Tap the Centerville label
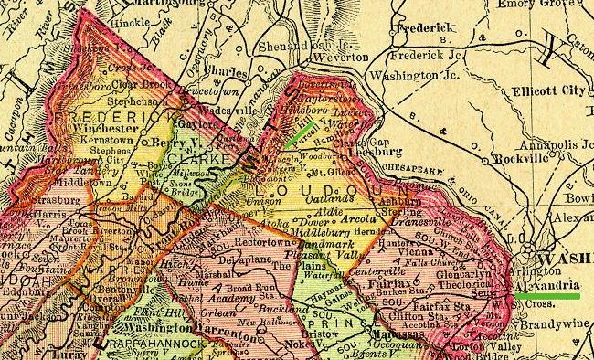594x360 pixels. tap(377, 270)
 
